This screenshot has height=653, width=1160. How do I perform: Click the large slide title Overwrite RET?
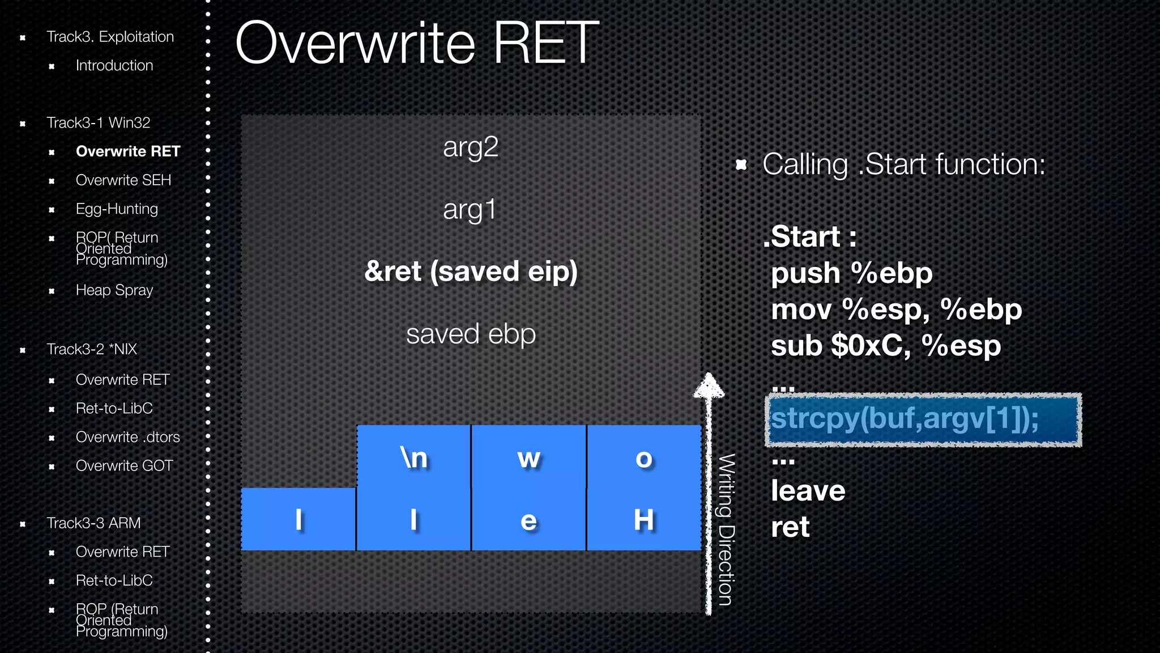point(417,43)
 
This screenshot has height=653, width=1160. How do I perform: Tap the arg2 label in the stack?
point(471,147)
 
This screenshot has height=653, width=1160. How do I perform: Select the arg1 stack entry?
point(470,210)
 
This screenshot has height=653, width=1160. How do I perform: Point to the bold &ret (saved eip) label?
point(471,271)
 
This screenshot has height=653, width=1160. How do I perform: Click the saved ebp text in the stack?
point(471,334)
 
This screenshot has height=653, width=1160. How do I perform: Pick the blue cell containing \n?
point(413,457)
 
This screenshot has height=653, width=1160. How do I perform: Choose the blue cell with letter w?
point(528,457)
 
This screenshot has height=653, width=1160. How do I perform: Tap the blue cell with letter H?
point(644,519)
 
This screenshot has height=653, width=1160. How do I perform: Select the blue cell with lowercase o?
point(644,457)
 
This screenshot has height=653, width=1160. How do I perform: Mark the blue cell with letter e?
point(528,519)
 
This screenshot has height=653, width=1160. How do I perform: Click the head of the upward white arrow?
point(709,385)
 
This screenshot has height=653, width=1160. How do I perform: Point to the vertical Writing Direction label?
point(727,529)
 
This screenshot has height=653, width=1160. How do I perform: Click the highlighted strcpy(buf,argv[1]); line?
point(923,419)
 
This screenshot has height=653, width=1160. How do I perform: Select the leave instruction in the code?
point(808,491)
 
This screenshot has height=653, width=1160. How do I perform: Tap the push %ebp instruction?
point(851,273)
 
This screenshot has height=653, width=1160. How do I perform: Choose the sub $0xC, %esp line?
point(886,346)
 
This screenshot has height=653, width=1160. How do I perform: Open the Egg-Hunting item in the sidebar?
point(117,209)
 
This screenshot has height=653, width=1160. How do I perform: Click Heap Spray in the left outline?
point(114,290)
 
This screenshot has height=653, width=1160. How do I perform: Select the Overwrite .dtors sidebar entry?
point(127,437)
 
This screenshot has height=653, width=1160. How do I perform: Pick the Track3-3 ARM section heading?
point(93,523)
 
